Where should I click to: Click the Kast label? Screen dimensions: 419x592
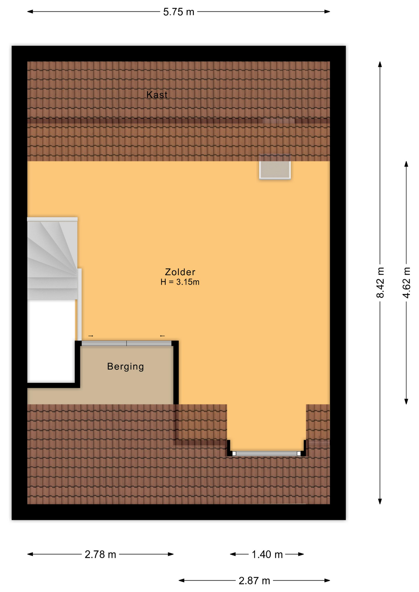click(157, 95)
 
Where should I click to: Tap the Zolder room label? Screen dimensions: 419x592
click(180, 272)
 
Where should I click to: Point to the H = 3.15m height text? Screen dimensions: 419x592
click(180, 282)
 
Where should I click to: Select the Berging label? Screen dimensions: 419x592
click(125, 367)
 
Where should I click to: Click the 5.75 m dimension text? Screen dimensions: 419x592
click(179, 12)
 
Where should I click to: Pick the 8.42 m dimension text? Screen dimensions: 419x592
click(380, 282)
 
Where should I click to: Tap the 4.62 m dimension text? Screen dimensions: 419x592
click(406, 282)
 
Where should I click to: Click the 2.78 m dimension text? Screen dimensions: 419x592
click(100, 554)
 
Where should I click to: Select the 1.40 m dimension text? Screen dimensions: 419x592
click(267, 554)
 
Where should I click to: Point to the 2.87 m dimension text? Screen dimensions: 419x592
click(254, 581)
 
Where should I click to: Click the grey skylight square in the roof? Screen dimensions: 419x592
click(275, 167)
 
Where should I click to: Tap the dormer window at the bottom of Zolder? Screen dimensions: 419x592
click(267, 453)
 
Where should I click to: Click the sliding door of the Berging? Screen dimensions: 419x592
click(127, 343)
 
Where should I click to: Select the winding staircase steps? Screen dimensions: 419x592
click(52, 258)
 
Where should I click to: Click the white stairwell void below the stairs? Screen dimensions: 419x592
click(51, 341)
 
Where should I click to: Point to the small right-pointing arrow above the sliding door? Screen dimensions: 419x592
click(91, 336)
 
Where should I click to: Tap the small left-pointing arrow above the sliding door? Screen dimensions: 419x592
click(162, 336)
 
